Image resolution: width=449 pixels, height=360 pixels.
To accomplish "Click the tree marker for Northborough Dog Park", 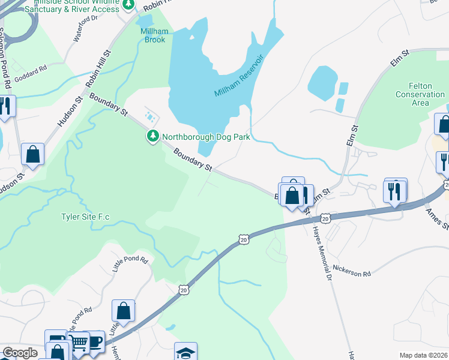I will click(x=153, y=137).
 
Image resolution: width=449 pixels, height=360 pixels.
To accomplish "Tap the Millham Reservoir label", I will click(x=240, y=76).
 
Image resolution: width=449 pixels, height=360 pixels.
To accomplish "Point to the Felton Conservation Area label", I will click(x=420, y=94).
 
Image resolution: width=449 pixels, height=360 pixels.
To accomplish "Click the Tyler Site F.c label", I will click(x=87, y=217).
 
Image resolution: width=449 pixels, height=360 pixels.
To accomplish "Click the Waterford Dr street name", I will click(x=85, y=28).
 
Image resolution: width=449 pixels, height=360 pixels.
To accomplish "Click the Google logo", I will click(x=20, y=353).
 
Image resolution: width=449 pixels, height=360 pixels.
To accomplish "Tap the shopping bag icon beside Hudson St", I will click(x=32, y=154).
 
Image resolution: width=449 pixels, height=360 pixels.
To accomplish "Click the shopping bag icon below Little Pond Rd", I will click(x=123, y=311).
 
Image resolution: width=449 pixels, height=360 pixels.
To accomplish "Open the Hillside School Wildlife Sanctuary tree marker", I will click(x=128, y=5).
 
